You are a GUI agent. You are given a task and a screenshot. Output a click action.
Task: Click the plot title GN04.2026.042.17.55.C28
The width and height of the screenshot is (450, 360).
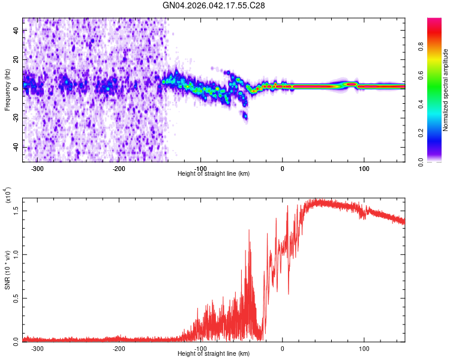tap(214, 5)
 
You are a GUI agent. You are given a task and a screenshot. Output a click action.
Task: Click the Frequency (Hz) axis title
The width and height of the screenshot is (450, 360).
tap(7, 90)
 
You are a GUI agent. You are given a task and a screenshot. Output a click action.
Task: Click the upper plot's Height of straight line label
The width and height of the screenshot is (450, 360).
tap(214, 173)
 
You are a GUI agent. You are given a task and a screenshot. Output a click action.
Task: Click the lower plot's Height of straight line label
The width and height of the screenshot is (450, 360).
tap(214, 353)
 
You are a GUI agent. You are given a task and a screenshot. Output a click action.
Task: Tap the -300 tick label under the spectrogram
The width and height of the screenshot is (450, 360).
tap(37, 168)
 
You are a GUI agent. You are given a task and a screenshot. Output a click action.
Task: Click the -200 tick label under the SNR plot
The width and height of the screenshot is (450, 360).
tap(119, 348)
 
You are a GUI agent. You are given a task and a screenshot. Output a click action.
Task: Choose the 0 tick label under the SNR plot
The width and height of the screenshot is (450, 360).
tap(283, 348)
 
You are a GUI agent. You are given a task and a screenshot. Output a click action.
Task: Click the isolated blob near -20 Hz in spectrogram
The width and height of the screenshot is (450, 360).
tap(245, 116)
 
